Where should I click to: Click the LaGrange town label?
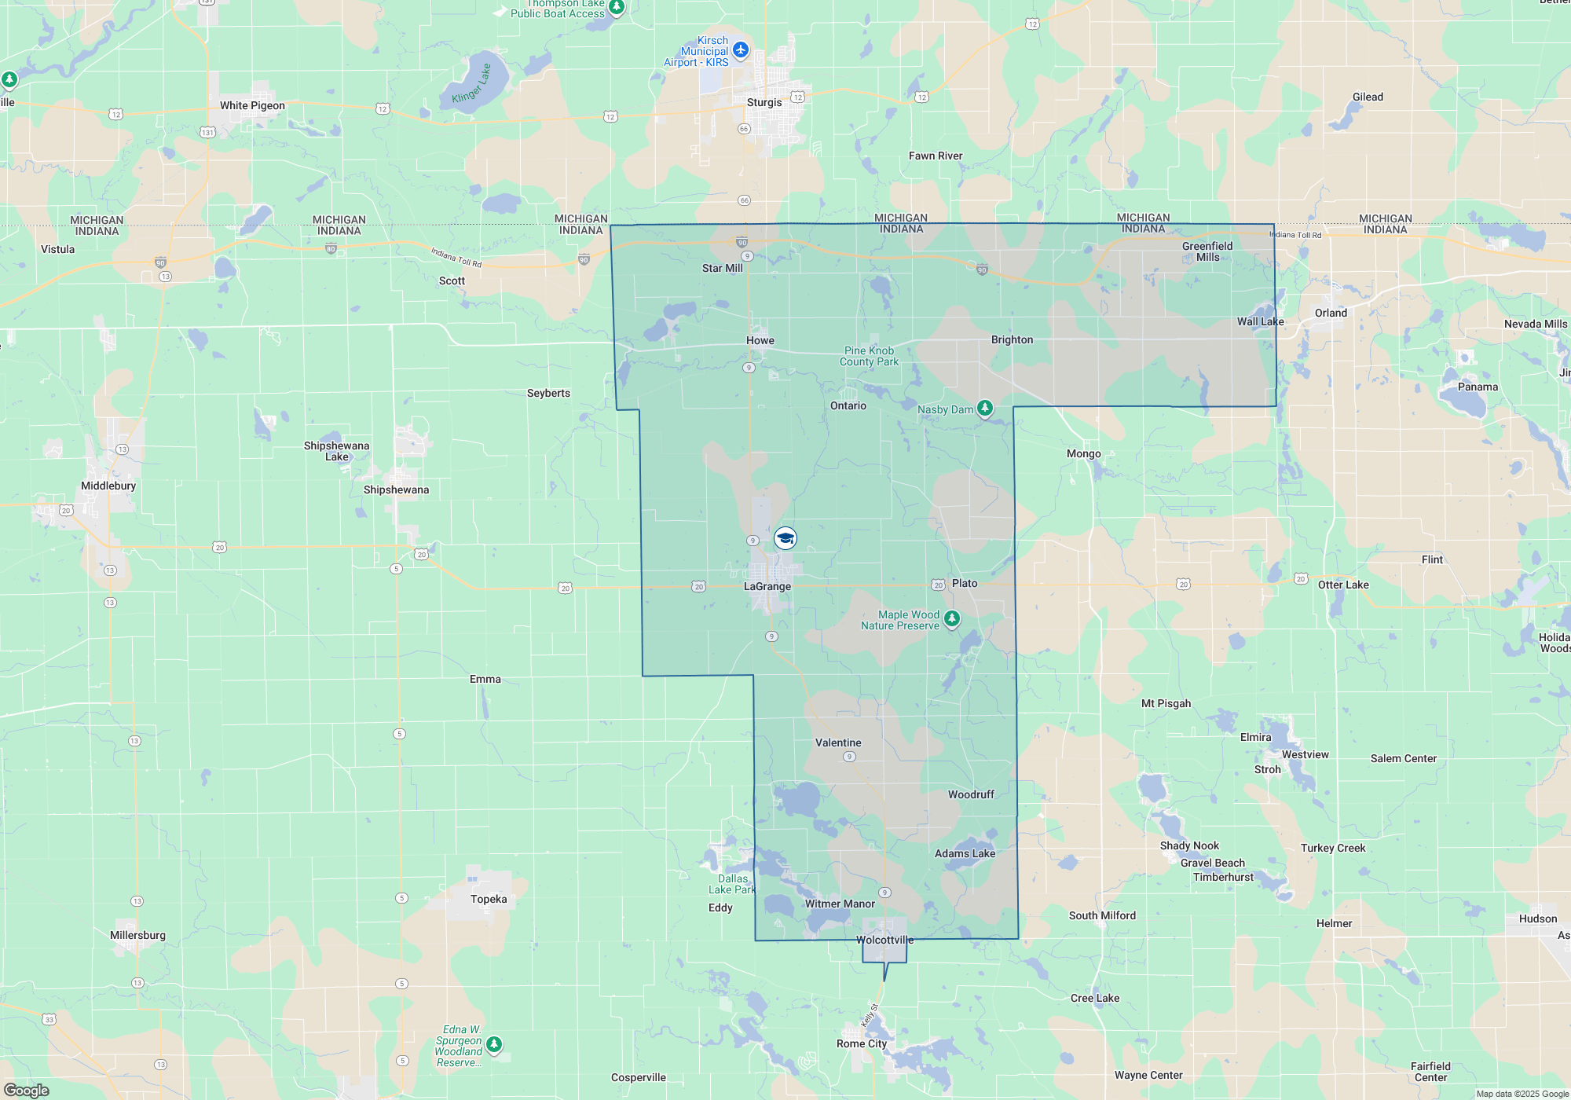(767, 586)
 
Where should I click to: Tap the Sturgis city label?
(764, 102)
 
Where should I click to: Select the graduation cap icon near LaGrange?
(785, 538)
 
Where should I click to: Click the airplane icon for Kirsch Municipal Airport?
(741, 51)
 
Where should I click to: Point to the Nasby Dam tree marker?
(984, 408)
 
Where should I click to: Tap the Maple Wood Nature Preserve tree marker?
(952, 619)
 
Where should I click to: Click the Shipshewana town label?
(396, 489)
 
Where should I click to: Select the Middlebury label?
(108, 486)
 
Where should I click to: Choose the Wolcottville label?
(884, 940)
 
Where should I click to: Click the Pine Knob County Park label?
(869, 356)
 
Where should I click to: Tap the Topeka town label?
(489, 899)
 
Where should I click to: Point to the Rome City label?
(862, 1043)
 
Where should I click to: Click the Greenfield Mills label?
(1207, 251)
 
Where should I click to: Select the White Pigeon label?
(252, 105)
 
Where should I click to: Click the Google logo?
(27, 1090)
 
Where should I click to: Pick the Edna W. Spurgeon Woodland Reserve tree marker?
(494, 1044)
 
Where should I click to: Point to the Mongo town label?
(1084, 453)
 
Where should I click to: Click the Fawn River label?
(936, 156)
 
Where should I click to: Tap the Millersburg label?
(137, 935)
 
